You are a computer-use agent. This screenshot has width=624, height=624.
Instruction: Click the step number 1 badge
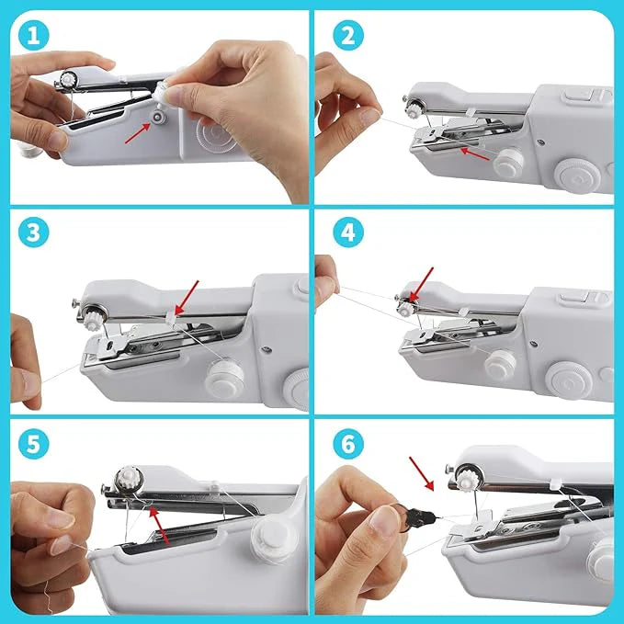coord(31,36)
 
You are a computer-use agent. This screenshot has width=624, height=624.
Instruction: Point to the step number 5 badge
coord(31,444)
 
